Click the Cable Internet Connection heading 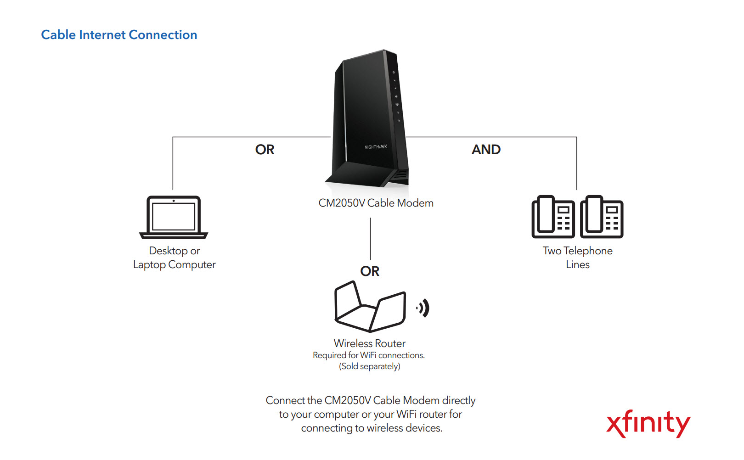119,35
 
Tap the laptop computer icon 174,217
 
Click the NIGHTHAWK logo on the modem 376,147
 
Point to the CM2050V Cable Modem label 376,203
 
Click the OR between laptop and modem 265,150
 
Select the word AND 486,150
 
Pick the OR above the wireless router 370,271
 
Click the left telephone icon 553,217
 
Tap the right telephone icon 602,217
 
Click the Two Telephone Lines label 577,258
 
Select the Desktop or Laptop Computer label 174,258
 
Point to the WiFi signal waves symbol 423,308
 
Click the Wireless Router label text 370,343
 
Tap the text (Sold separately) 370,366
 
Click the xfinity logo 648,423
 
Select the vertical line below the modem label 370,239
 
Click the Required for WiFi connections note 369,355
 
